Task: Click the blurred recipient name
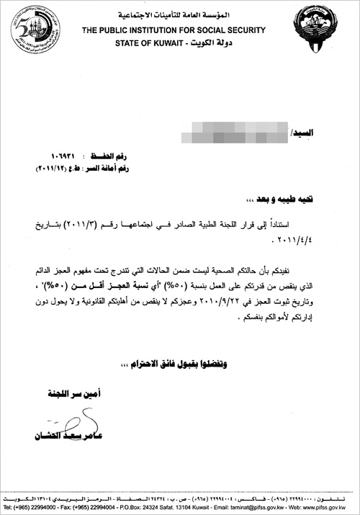[235, 135]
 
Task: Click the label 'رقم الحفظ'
[121, 156]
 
